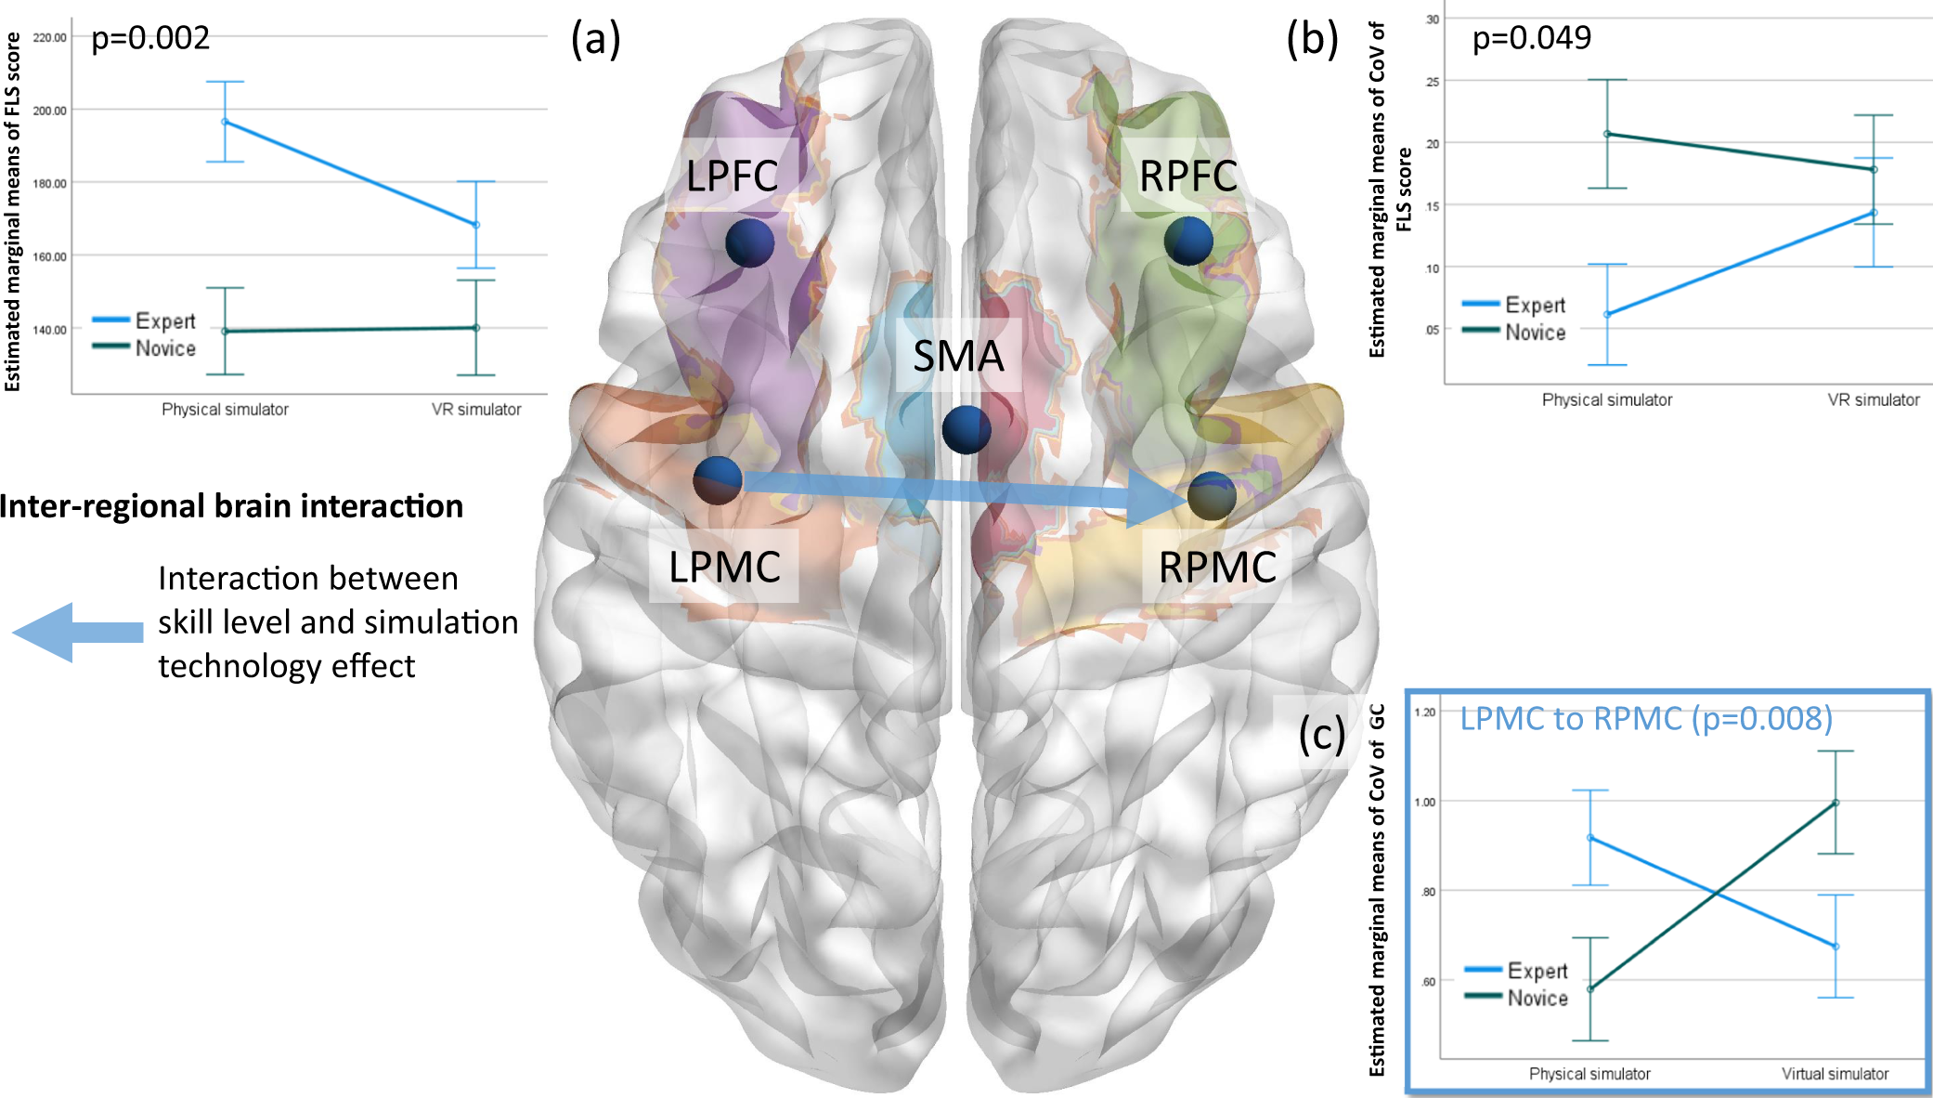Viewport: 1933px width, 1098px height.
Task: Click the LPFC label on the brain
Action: (732, 176)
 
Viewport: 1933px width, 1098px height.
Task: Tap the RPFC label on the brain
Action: (1187, 176)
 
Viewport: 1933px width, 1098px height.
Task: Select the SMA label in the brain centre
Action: (958, 356)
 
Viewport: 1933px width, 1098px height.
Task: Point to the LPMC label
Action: (724, 567)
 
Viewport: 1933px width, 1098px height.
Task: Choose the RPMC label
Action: (1217, 567)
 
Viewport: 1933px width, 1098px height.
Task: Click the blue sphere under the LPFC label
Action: (750, 242)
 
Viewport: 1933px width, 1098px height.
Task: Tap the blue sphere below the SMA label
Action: (966, 429)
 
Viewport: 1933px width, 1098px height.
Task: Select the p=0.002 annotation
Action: (150, 38)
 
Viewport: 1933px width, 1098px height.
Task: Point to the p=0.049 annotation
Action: (1532, 38)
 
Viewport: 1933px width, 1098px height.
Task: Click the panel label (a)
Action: (595, 40)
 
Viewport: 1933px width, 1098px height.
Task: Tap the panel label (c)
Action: (1322, 735)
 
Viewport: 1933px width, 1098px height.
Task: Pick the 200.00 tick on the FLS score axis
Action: (50, 111)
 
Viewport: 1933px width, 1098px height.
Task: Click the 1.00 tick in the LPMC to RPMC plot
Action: (1424, 802)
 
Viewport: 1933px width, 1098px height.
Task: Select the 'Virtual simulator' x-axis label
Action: (1835, 1074)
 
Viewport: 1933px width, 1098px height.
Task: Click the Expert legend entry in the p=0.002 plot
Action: (164, 321)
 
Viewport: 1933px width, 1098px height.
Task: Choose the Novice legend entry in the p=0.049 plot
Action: (1535, 333)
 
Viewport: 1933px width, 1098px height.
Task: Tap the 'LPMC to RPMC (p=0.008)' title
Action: (1646, 718)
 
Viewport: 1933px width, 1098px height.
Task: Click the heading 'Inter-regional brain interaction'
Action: (231, 506)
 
